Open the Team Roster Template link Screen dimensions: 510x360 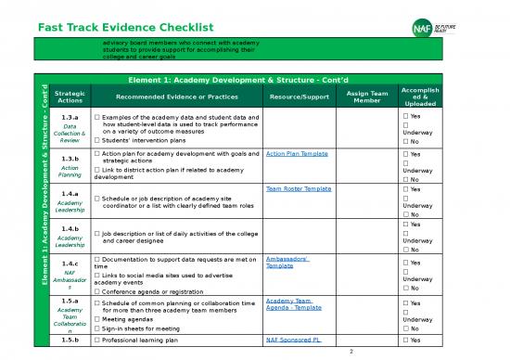tap(298, 188)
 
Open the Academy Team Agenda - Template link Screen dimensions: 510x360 tap(293, 304)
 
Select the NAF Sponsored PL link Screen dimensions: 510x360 tap(293, 341)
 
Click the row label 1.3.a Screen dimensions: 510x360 tap(70, 119)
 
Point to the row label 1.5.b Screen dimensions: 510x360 tap(70, 341)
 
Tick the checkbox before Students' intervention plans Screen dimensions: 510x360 tap(97, 140)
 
